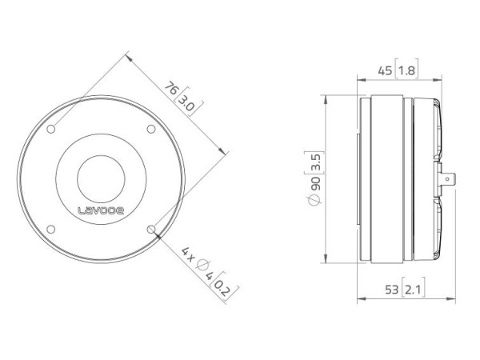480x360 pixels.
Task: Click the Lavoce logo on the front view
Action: (x=101, y=212)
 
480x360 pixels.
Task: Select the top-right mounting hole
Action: (x=151, y=129)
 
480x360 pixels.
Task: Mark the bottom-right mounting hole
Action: (x=152, y=229)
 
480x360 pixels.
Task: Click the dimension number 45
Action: (x=385, y=70)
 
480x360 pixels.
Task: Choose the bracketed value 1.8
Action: (x=407, y=70)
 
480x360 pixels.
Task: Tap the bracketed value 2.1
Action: (x=412, y=288)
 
